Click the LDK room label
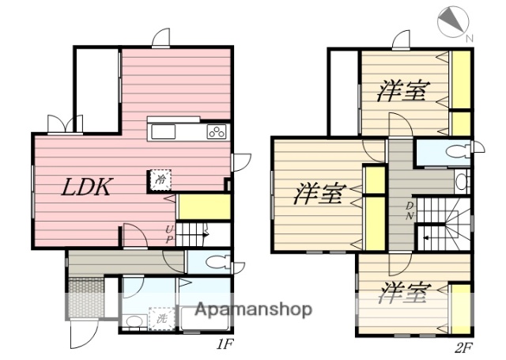89,188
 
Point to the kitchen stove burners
217,132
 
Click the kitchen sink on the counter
165,131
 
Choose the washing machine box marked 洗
161,319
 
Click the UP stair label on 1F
168,235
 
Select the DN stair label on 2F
409,211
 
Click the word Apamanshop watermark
253,309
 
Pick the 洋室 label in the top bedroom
403,91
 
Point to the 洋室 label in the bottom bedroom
403,295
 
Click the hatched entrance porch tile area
85,298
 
